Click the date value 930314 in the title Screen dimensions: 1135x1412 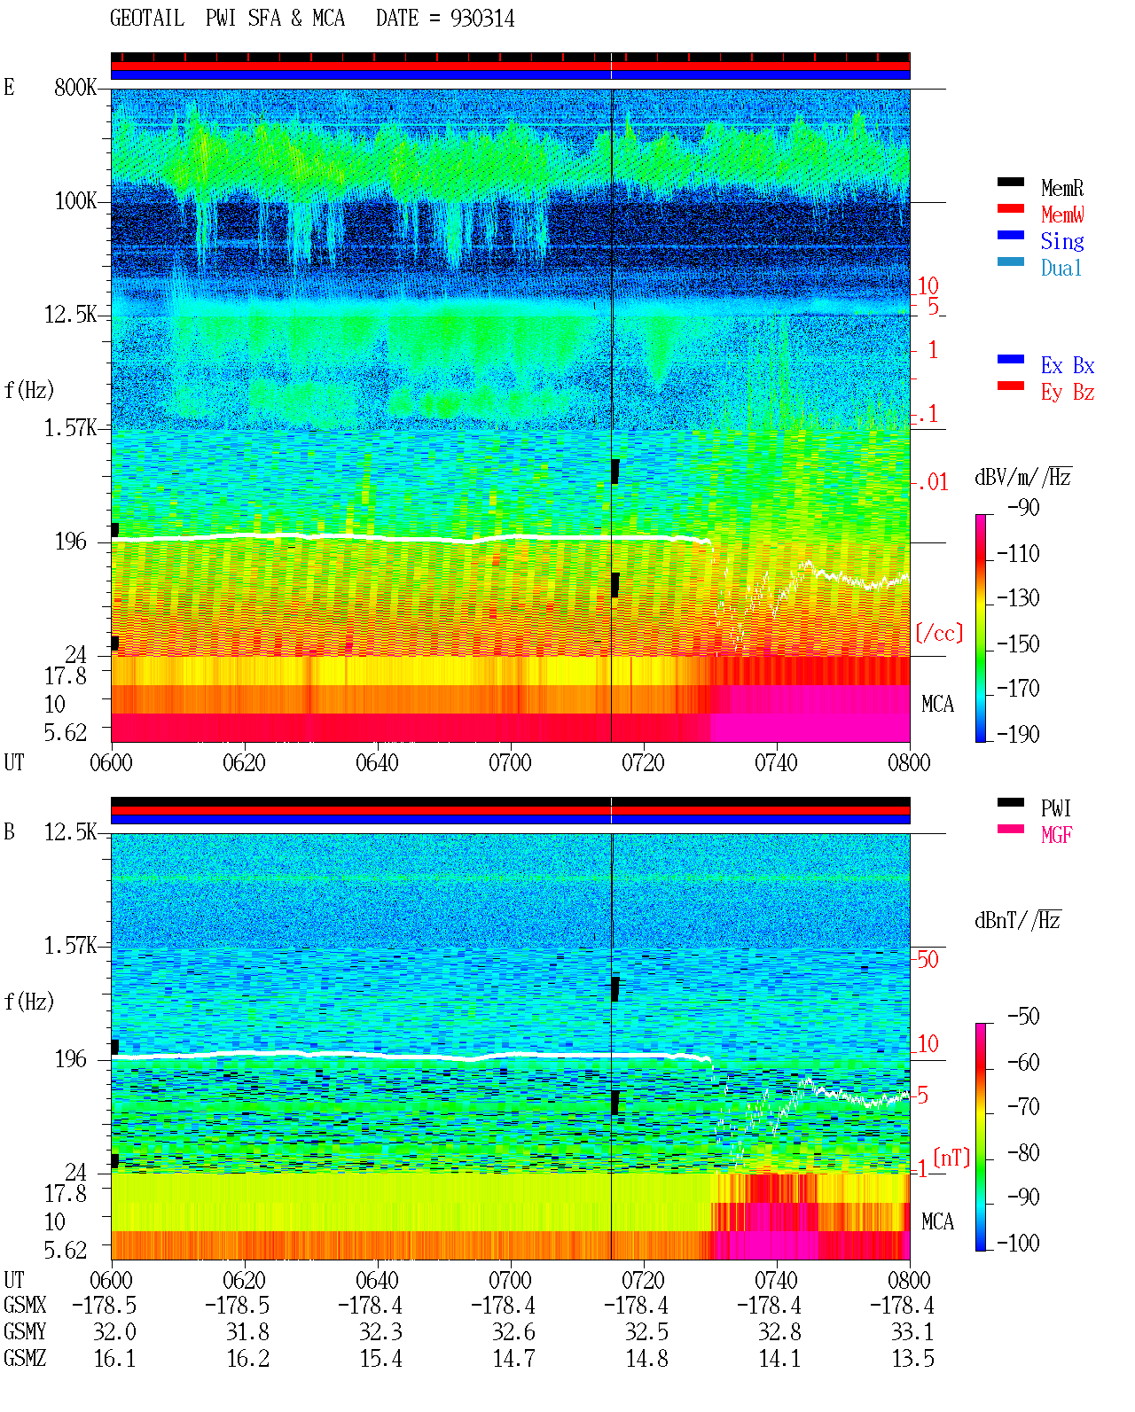click(481, 19)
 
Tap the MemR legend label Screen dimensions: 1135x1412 click(1062, 188)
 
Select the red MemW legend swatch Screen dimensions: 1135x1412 click(1010, 208)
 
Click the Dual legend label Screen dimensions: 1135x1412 click(1061, 268)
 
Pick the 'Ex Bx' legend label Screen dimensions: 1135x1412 click(1068, 365)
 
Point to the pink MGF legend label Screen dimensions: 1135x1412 click(1056, 835)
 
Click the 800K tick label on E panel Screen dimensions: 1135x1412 click(75, 87)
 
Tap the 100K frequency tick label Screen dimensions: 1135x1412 click(75, 201)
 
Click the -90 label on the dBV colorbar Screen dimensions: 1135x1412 click(1023, 507)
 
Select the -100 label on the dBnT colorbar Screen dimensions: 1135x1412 click(1018, 1243)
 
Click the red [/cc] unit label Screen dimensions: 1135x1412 click(939, 633)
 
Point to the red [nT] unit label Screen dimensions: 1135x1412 click(951, 1158)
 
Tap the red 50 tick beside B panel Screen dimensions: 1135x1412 click(928, 959)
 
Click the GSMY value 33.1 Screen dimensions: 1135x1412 click(912, 1332)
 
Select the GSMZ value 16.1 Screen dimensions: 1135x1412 click(115, 1358)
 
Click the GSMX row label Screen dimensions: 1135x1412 click(25, 1305)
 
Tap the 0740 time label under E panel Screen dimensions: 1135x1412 click(776, 762)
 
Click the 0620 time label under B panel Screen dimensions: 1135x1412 click(244, 1279)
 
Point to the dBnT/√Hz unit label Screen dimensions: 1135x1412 click(1018, 920)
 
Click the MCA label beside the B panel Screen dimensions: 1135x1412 click(937, 1221)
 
